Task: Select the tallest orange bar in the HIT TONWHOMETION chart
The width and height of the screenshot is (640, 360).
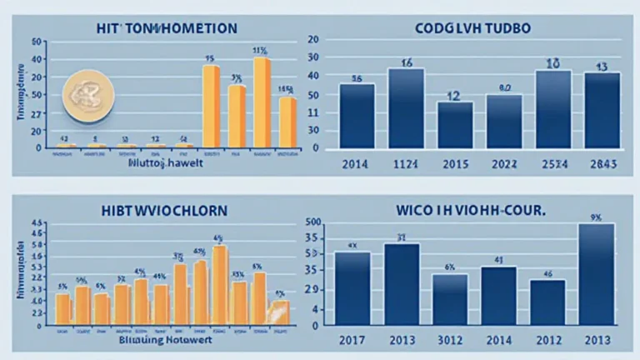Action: pyautogui.click(x=262, y=102)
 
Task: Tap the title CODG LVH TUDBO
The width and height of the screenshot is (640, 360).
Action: pyautogui.click(x=472, y=28)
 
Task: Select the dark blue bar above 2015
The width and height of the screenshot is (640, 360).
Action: pyautogui.click(x=455, y=125)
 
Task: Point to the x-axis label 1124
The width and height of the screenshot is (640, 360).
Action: pyautogui.click(x=406, y=165)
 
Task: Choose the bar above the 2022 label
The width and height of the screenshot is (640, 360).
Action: pyautogui.click(x=503, y=121)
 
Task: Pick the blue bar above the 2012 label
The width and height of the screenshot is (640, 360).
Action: pyautogui.click(x=547, y=301)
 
